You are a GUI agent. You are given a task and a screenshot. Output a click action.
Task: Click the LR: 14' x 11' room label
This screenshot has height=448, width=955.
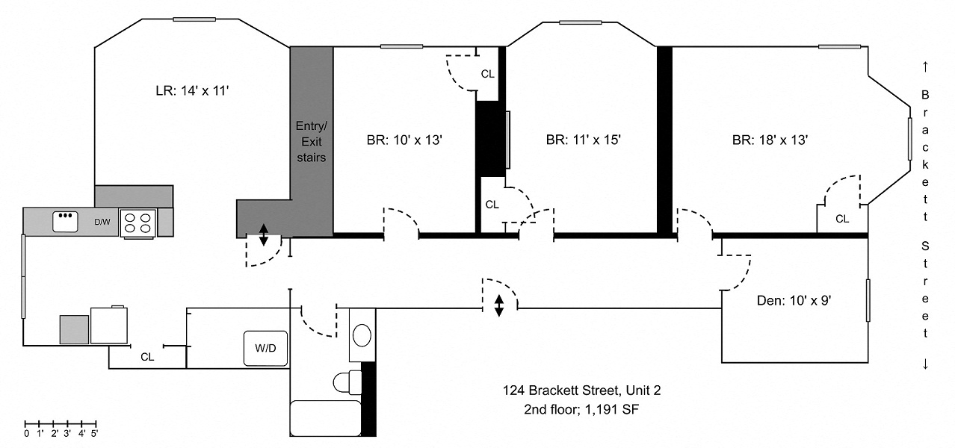coord(192,90)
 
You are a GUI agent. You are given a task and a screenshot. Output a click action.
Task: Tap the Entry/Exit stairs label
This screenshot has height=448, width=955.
coord(311,141)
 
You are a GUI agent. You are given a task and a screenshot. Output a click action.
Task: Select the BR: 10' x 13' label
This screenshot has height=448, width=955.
coord(404,140)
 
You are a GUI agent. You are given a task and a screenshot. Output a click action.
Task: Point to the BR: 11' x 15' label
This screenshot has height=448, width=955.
coord(583,140)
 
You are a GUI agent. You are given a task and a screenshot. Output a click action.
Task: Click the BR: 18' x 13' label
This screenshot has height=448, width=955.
coord(770,140)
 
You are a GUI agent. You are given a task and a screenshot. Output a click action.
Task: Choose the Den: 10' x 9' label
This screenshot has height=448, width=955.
coord(794,301)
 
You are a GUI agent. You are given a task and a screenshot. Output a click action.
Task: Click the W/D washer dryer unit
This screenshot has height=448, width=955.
coord(265,349)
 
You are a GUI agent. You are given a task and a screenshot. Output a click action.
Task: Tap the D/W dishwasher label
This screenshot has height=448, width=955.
coord(102,222)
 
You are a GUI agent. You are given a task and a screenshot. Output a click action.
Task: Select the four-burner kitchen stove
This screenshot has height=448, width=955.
coord(137,223)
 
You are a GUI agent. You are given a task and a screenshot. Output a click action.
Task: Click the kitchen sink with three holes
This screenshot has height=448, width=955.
coord(65,222)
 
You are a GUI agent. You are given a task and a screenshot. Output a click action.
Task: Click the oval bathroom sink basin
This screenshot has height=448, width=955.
coord(362,335)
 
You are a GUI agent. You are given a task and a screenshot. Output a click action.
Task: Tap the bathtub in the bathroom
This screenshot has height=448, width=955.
coord(326,418)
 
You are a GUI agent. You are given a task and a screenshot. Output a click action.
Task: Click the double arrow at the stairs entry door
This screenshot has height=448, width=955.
coord(264,235)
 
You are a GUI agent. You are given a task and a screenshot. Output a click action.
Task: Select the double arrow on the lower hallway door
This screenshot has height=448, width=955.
coord(499,306)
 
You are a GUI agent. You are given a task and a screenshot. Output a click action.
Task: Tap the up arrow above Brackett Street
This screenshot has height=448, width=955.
coord(925,67)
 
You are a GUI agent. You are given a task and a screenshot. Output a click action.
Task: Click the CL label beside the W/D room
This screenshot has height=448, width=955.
coord(147,357)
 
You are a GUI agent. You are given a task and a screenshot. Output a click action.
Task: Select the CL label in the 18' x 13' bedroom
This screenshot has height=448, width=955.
coord(842,219)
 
